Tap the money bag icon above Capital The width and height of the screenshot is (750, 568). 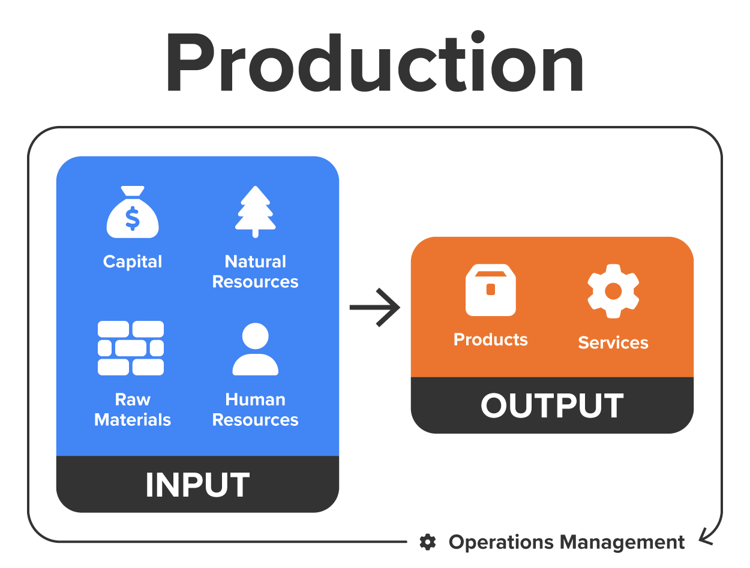coord(133,214)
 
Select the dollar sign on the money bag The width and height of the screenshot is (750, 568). coord(133,218)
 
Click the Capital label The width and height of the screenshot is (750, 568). coord(133,262)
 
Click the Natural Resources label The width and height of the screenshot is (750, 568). coord(255,271)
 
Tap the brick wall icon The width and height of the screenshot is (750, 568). coord(131,348)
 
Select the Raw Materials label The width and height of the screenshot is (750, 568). coord(133,410)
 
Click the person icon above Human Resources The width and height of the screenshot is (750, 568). coord(255,349)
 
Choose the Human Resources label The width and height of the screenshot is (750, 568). coord(255,410)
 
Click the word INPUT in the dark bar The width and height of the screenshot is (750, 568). coord(197,485)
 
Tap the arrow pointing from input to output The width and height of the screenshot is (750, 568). coord(375,307)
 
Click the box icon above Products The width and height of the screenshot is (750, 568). coord(490,290)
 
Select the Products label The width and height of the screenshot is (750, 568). coord(490,339)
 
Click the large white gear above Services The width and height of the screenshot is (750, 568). coord(613,291)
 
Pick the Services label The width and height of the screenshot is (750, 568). coord(613,342)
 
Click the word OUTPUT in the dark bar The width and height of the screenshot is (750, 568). coord(552,406)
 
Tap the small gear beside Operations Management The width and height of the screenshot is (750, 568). coord(427,542)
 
